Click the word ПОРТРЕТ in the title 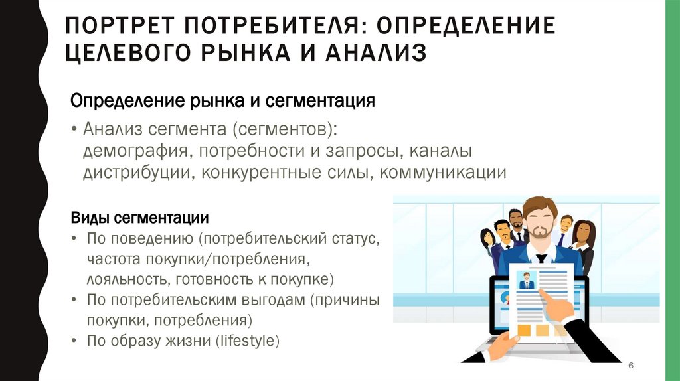[120, 25]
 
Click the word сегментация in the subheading [320, 101]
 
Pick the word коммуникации [443, 173]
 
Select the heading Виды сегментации [139, 218]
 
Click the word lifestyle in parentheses [247, 341]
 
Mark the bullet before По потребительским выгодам [74, 300]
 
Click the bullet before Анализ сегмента [74, 129]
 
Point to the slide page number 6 [631, 365]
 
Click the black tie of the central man [541, 259]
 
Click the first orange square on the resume [525, 331]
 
